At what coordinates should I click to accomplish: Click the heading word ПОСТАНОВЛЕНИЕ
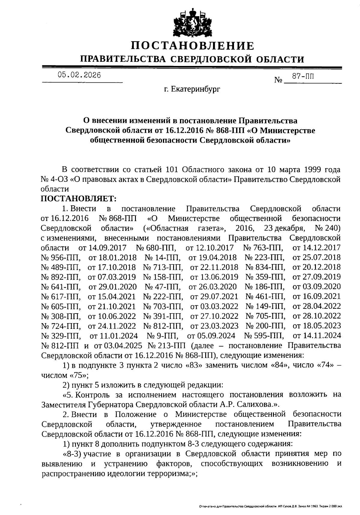pos(192,46)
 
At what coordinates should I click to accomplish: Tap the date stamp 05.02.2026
pos(79,75)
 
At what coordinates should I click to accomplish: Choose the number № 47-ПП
pos(162,286)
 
